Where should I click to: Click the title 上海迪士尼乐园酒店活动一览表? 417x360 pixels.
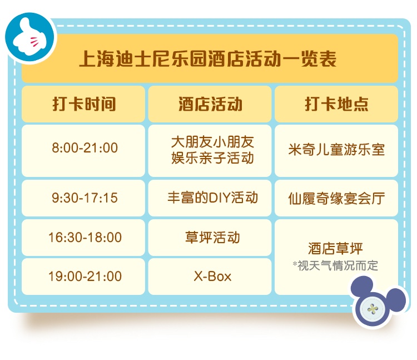click(x=208, y=59)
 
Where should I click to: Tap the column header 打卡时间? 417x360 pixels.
click(x=84, y=103)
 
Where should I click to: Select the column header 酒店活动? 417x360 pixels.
click(x=210, y=103)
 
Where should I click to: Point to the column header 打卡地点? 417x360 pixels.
click(x=337, y=103)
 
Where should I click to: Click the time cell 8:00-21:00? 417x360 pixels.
click(x=85, y=148)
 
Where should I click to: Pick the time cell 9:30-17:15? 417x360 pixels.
click(x=85, y=198)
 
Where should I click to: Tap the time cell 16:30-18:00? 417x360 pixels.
click(x=85, y=238)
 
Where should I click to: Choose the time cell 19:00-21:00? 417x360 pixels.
click(x=85, y=277)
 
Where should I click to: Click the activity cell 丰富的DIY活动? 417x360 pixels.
click(x=213, y=198)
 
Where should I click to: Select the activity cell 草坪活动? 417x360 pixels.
click(x=213, y=238)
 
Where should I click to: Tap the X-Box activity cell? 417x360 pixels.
click(x=212, y=277)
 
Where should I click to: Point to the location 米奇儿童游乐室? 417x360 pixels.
click(x=337, y=149)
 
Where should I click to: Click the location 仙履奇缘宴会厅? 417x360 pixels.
click(x=337, y=199)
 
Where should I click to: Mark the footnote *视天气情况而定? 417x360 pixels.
click(x=335, y=265)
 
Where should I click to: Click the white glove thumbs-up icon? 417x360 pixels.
click(x=29, y=37)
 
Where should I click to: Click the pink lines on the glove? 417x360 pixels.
click(x=34, y=42)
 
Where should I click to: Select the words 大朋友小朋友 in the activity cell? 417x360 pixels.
click(x=212, y=141)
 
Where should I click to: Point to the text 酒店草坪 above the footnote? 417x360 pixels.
click(x=335, y=249)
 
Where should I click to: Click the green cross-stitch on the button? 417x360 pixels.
click(x=373, y=309)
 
